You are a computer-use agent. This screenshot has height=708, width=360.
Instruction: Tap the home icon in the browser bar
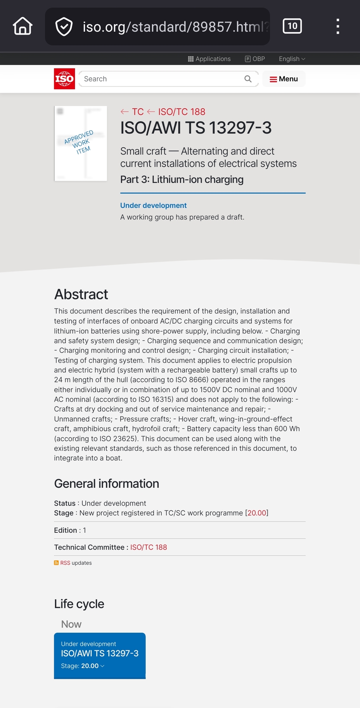click(23, 26)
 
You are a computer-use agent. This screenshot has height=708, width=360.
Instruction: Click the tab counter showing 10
click(292, 26)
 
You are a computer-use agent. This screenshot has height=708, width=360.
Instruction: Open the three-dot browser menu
click(337, 26)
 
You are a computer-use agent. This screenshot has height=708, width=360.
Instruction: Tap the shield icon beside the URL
click(64, 27)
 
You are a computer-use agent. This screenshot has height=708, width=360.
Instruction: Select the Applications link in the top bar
click(210, 59)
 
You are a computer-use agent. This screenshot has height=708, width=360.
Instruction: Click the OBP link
click(255, 59)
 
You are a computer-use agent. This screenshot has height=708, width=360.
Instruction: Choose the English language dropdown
click(292, 59)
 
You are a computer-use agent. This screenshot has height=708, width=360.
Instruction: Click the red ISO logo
click(64, 79)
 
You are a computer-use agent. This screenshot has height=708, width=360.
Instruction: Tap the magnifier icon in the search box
click(248, 79)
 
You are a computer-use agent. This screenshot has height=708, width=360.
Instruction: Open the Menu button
click(284, 79)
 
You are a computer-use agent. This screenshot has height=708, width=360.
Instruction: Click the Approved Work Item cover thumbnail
click(81, 143)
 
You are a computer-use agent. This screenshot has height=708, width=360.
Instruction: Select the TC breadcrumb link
click(137, 112)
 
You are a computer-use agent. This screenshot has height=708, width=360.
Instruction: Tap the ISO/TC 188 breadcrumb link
click(181, 112)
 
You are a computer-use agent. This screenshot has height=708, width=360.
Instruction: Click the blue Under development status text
click(153, 206)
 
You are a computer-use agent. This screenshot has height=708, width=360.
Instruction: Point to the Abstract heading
click(81, 294)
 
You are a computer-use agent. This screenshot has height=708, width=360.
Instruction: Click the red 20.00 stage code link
click(257, 513)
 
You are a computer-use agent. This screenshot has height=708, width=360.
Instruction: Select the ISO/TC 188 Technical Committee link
click(148, 547)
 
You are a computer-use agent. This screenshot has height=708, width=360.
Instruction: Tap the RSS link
click(65, 563)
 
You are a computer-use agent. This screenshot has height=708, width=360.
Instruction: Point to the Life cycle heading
click(79, 604)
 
